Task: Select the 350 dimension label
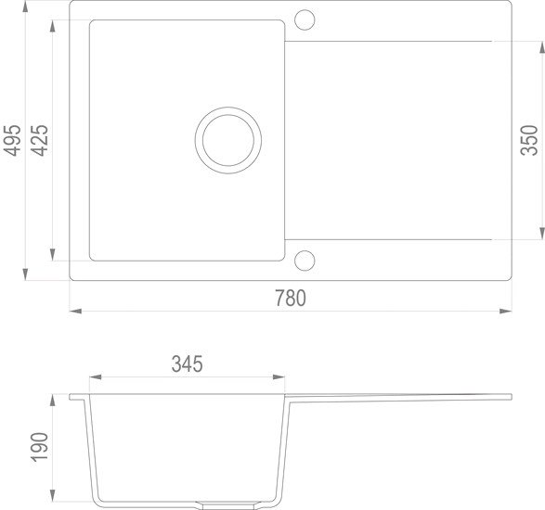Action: point(529,139)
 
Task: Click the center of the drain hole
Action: point(227,140)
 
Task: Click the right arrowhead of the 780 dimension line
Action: point(509,311)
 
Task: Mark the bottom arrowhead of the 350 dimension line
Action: point(541,236)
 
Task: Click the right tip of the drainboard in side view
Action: point(510,397)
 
